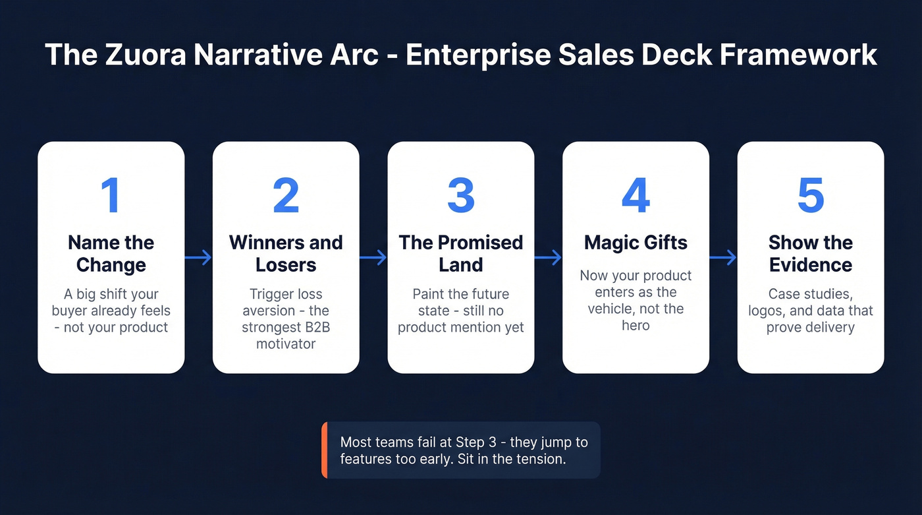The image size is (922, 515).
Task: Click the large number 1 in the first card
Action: point(111,195)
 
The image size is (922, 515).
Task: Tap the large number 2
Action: point(286,195)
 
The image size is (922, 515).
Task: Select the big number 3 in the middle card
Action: point(461,195)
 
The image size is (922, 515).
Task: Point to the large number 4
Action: point(636,195)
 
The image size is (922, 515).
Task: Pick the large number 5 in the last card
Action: point(811,195)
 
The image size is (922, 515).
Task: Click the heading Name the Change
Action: point(111,254)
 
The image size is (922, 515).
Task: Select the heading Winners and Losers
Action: point(286,254)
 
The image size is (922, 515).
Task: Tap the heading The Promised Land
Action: point(461,254)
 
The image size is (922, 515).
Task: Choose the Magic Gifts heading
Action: point(636,243)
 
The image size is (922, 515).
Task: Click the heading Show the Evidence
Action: point(811,254)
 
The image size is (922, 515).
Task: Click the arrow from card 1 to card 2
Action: point(198,257)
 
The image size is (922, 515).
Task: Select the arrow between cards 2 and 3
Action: point(373,257)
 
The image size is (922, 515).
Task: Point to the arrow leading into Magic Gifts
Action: point(548,257)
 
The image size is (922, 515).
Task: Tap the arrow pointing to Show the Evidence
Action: point(723,257)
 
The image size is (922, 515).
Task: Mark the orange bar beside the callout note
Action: point(324,450)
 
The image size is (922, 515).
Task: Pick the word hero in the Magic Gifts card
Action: point(636,326)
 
